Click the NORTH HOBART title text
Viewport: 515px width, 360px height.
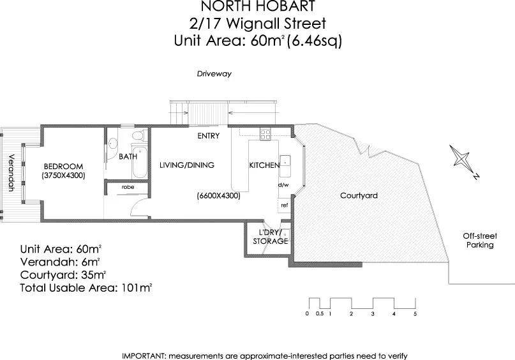tap(257, 7)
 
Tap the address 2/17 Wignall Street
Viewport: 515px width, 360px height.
tap(257, 24)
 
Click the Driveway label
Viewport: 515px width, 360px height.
tap(214, 74)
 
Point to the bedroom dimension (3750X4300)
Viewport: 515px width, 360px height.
tap(63, 175)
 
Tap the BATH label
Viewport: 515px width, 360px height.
tap(128, 156)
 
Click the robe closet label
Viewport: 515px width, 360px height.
tap(128, 187)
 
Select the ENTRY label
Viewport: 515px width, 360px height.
tap(209, 136)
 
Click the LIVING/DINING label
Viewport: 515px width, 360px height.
tap(186, 165)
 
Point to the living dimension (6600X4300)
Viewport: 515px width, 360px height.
tap(218, 196)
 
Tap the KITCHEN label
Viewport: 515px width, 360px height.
tap(264, 165)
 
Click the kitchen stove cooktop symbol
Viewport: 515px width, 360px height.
tap(265, 134)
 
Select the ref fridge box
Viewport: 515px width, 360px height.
tap(284, 206)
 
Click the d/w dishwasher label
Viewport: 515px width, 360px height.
tap(283, 185)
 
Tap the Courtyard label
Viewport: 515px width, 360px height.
tap(358, 195)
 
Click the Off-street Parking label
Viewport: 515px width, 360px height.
tap(479, 241)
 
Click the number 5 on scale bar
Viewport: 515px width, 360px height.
tap(415, 314)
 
